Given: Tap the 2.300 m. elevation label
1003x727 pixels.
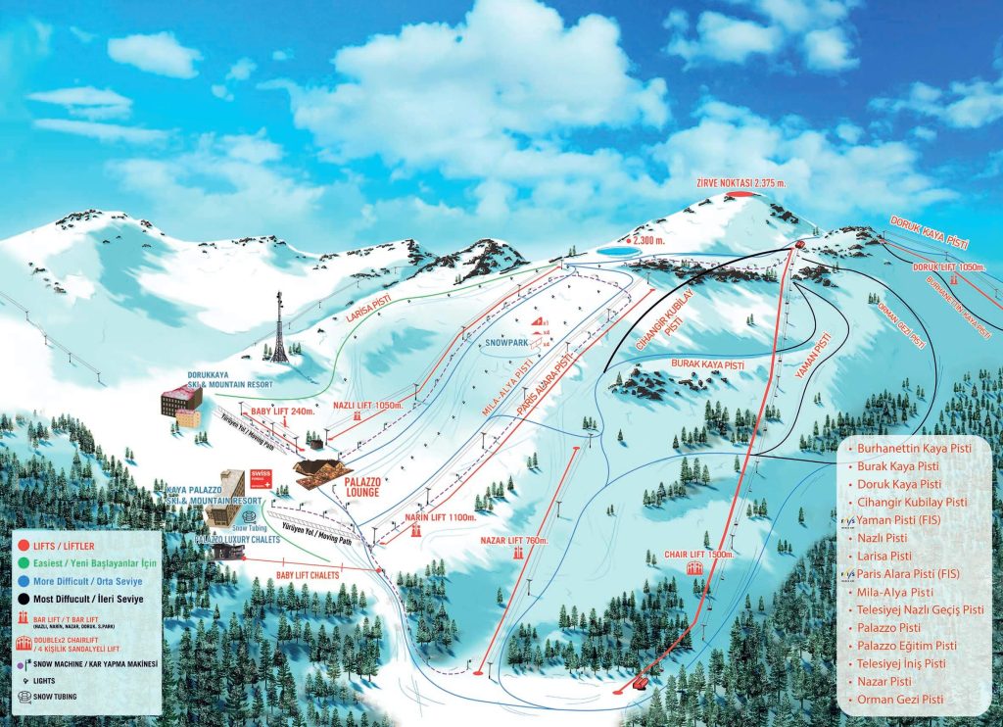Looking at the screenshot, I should (652, 239).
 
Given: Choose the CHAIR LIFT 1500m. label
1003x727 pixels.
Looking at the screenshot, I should (699, 554).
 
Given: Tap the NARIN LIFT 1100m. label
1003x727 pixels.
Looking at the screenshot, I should (441, 516).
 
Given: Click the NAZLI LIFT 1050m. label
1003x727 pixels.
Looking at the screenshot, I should (368, 403).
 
